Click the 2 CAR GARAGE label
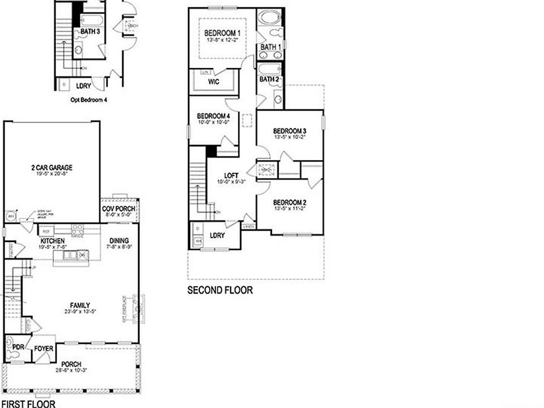coord(52,168)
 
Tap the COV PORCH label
coord(119,209)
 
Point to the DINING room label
coord(119,240)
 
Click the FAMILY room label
coord(80,305)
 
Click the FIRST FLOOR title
coord(28,403)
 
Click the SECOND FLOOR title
coord(220,290)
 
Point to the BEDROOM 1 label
coord(223,33)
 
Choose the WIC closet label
coord(214,82)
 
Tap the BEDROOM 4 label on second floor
coord(214,115)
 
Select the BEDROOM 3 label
coord(290,131)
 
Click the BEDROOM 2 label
coord(290,203)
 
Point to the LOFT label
coord(231,176)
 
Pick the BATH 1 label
coord(270,47)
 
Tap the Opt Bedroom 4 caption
coord(88,100)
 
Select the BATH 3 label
coord(91,32)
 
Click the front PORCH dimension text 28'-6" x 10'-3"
coord(71,371)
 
